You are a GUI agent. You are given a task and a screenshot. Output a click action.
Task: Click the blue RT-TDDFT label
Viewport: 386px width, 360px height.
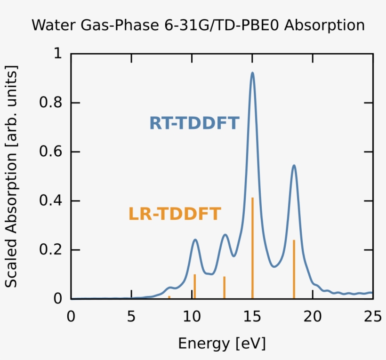pos(194,123)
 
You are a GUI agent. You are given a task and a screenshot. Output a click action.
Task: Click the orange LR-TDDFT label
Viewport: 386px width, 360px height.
pos(175,214)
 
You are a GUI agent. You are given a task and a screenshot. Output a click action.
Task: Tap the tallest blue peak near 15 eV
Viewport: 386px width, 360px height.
pos(252,73)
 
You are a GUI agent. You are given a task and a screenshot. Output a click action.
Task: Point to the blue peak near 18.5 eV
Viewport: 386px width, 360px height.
pos(294,166)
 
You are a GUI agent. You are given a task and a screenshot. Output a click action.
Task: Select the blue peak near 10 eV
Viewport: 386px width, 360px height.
pos(195,240)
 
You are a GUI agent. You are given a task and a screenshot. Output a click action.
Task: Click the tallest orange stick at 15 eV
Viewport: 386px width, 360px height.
pos(253,248)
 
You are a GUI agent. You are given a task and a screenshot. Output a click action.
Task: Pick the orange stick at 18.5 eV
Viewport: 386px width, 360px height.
pos(294,269)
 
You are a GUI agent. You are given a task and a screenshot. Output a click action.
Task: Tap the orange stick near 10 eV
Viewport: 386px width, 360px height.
pos(194,286)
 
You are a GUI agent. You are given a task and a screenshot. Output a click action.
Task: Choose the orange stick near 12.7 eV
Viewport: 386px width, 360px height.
pos(225,287)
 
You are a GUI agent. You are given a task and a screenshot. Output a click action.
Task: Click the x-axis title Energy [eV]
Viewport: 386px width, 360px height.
pos(222,344)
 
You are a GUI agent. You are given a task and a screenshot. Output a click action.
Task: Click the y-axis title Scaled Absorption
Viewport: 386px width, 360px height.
pos(11,176)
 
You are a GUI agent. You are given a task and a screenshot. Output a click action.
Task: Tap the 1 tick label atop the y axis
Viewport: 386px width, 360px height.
pos(57,54)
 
